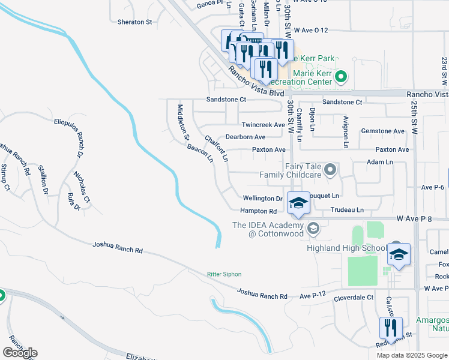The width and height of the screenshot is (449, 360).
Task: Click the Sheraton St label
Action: [134, 22]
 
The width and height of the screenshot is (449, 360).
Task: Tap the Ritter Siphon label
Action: [224, 274]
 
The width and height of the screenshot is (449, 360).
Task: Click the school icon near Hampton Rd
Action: [298, 204]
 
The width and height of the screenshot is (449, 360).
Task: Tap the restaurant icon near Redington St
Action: [391, 329]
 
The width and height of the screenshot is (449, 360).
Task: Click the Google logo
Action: [20, 353]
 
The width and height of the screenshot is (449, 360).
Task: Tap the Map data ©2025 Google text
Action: [412, 355]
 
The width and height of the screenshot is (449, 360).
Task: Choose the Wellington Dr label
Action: [262, 198]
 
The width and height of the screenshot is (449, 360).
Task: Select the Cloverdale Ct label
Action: [354, 297]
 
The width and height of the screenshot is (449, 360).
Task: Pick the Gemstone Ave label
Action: [382, 131]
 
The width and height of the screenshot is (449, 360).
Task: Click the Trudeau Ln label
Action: [347, 211]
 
